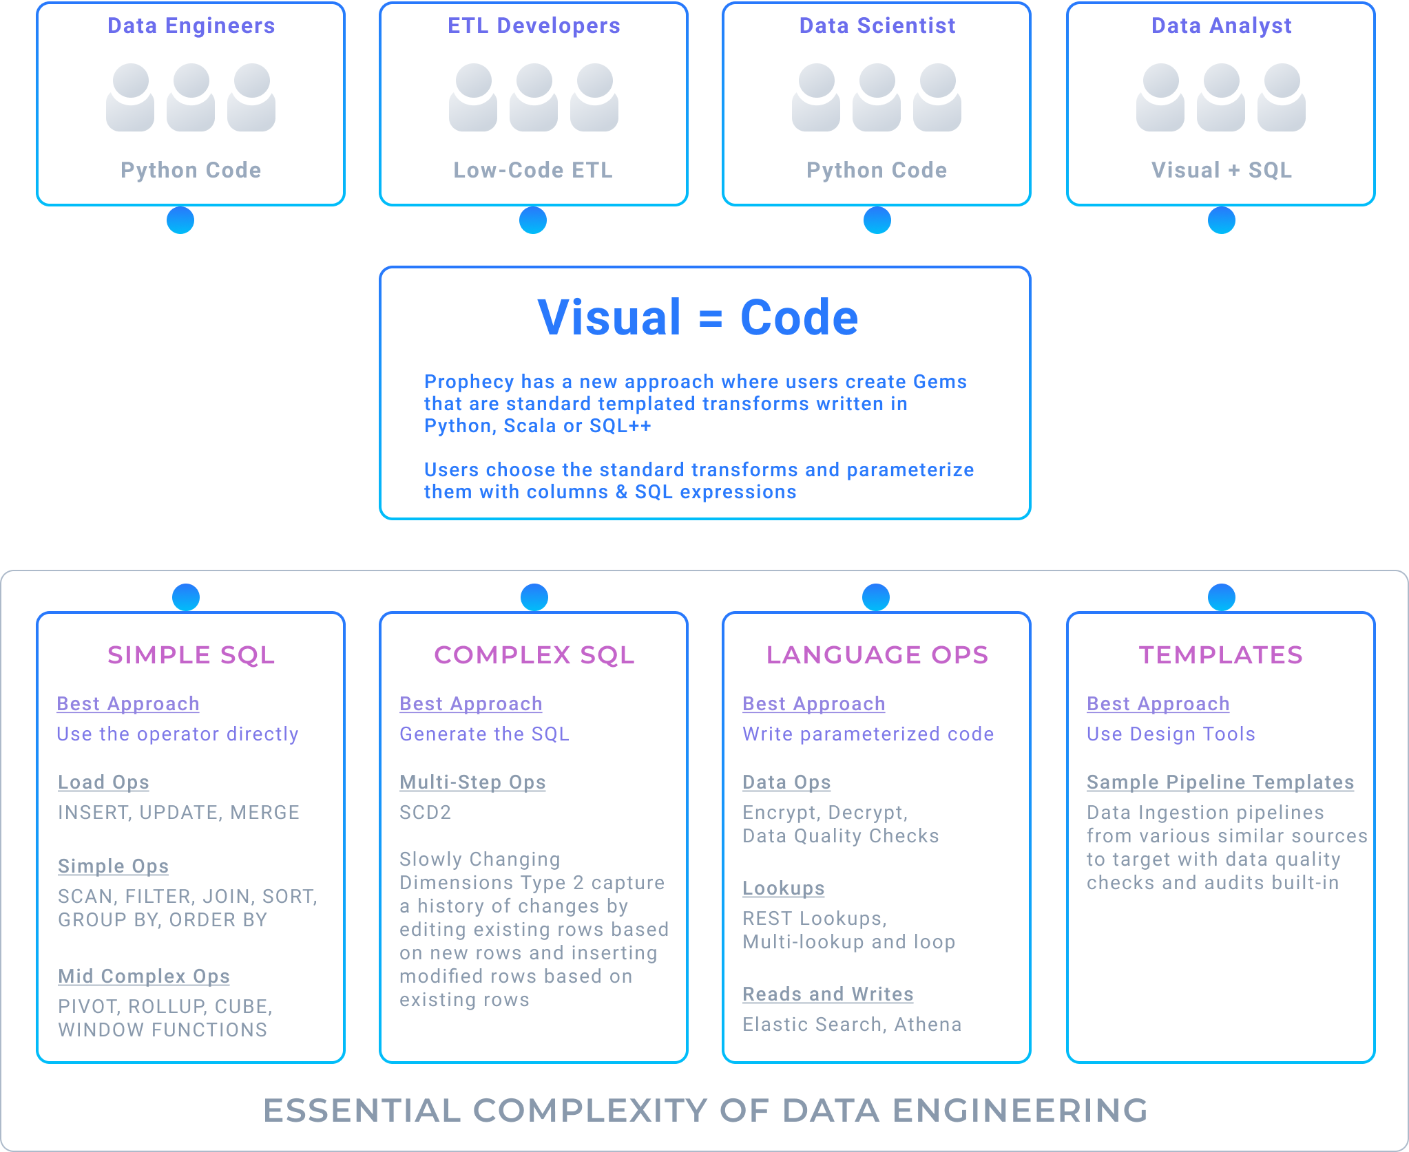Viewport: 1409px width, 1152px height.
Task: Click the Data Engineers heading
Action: [191, 26]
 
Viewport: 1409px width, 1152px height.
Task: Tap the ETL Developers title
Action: [534, 26]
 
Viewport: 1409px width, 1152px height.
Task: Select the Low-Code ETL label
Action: [533, 170]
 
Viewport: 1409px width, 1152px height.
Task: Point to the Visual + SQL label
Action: [1222, 170]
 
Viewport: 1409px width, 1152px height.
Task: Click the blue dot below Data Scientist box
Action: [877, 220]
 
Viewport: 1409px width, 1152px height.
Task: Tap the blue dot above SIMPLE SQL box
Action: [186, 597]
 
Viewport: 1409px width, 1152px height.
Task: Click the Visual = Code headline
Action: [698, 318]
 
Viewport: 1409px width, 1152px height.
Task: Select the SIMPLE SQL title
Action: [191, 655]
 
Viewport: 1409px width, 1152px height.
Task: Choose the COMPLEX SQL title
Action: [534, 655]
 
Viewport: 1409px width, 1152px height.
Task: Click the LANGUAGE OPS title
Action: [877, 655]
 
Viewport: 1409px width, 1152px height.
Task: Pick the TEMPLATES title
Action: [1221, 655]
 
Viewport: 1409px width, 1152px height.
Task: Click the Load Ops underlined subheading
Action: [103, 782]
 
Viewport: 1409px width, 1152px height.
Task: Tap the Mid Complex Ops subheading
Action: [144, 977]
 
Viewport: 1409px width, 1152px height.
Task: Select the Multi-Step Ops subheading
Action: [472, 782]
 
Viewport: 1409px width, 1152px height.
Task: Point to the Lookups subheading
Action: [783, 888]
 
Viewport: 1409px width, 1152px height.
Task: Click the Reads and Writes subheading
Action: [828, 994]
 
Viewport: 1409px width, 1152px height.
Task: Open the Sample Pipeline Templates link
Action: [1220, 782]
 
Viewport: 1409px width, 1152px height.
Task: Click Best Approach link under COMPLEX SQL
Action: [471, 704]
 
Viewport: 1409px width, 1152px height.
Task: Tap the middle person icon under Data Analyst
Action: [1221, 97]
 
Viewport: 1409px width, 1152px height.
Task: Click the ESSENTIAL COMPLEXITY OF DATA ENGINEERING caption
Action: [706, 1110]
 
